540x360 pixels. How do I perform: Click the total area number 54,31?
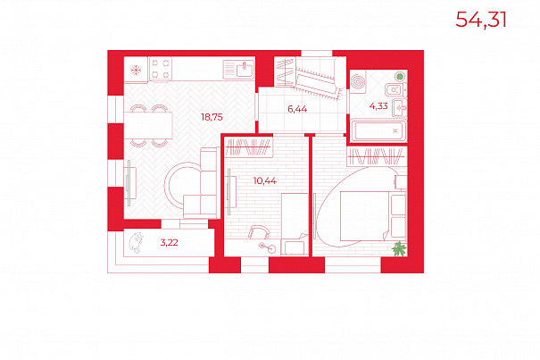[481, 20]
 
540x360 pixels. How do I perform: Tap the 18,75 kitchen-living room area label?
[212, 117]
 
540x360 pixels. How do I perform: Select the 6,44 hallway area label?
[297, 109]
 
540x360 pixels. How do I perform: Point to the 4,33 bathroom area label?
[378, 106]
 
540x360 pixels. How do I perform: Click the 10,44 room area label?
[264, 180]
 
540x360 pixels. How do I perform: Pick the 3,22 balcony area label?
[169, 242]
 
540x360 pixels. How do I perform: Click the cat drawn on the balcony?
[136, 243]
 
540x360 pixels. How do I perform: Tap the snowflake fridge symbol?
[136, 71]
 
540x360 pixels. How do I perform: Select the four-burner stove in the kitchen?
[161, 69]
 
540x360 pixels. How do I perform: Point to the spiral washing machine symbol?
[358, 82]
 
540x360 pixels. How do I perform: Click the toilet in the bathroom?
[395, 90]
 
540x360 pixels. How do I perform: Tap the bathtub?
[378, 130]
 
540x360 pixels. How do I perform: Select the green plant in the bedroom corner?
[400, 249]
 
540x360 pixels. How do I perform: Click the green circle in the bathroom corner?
[400, 76]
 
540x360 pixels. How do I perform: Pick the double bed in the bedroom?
[373, 216]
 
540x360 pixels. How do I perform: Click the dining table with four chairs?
[148, 125]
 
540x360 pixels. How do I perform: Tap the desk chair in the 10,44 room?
[259, 231]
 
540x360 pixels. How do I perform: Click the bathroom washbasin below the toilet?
[400, 108]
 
